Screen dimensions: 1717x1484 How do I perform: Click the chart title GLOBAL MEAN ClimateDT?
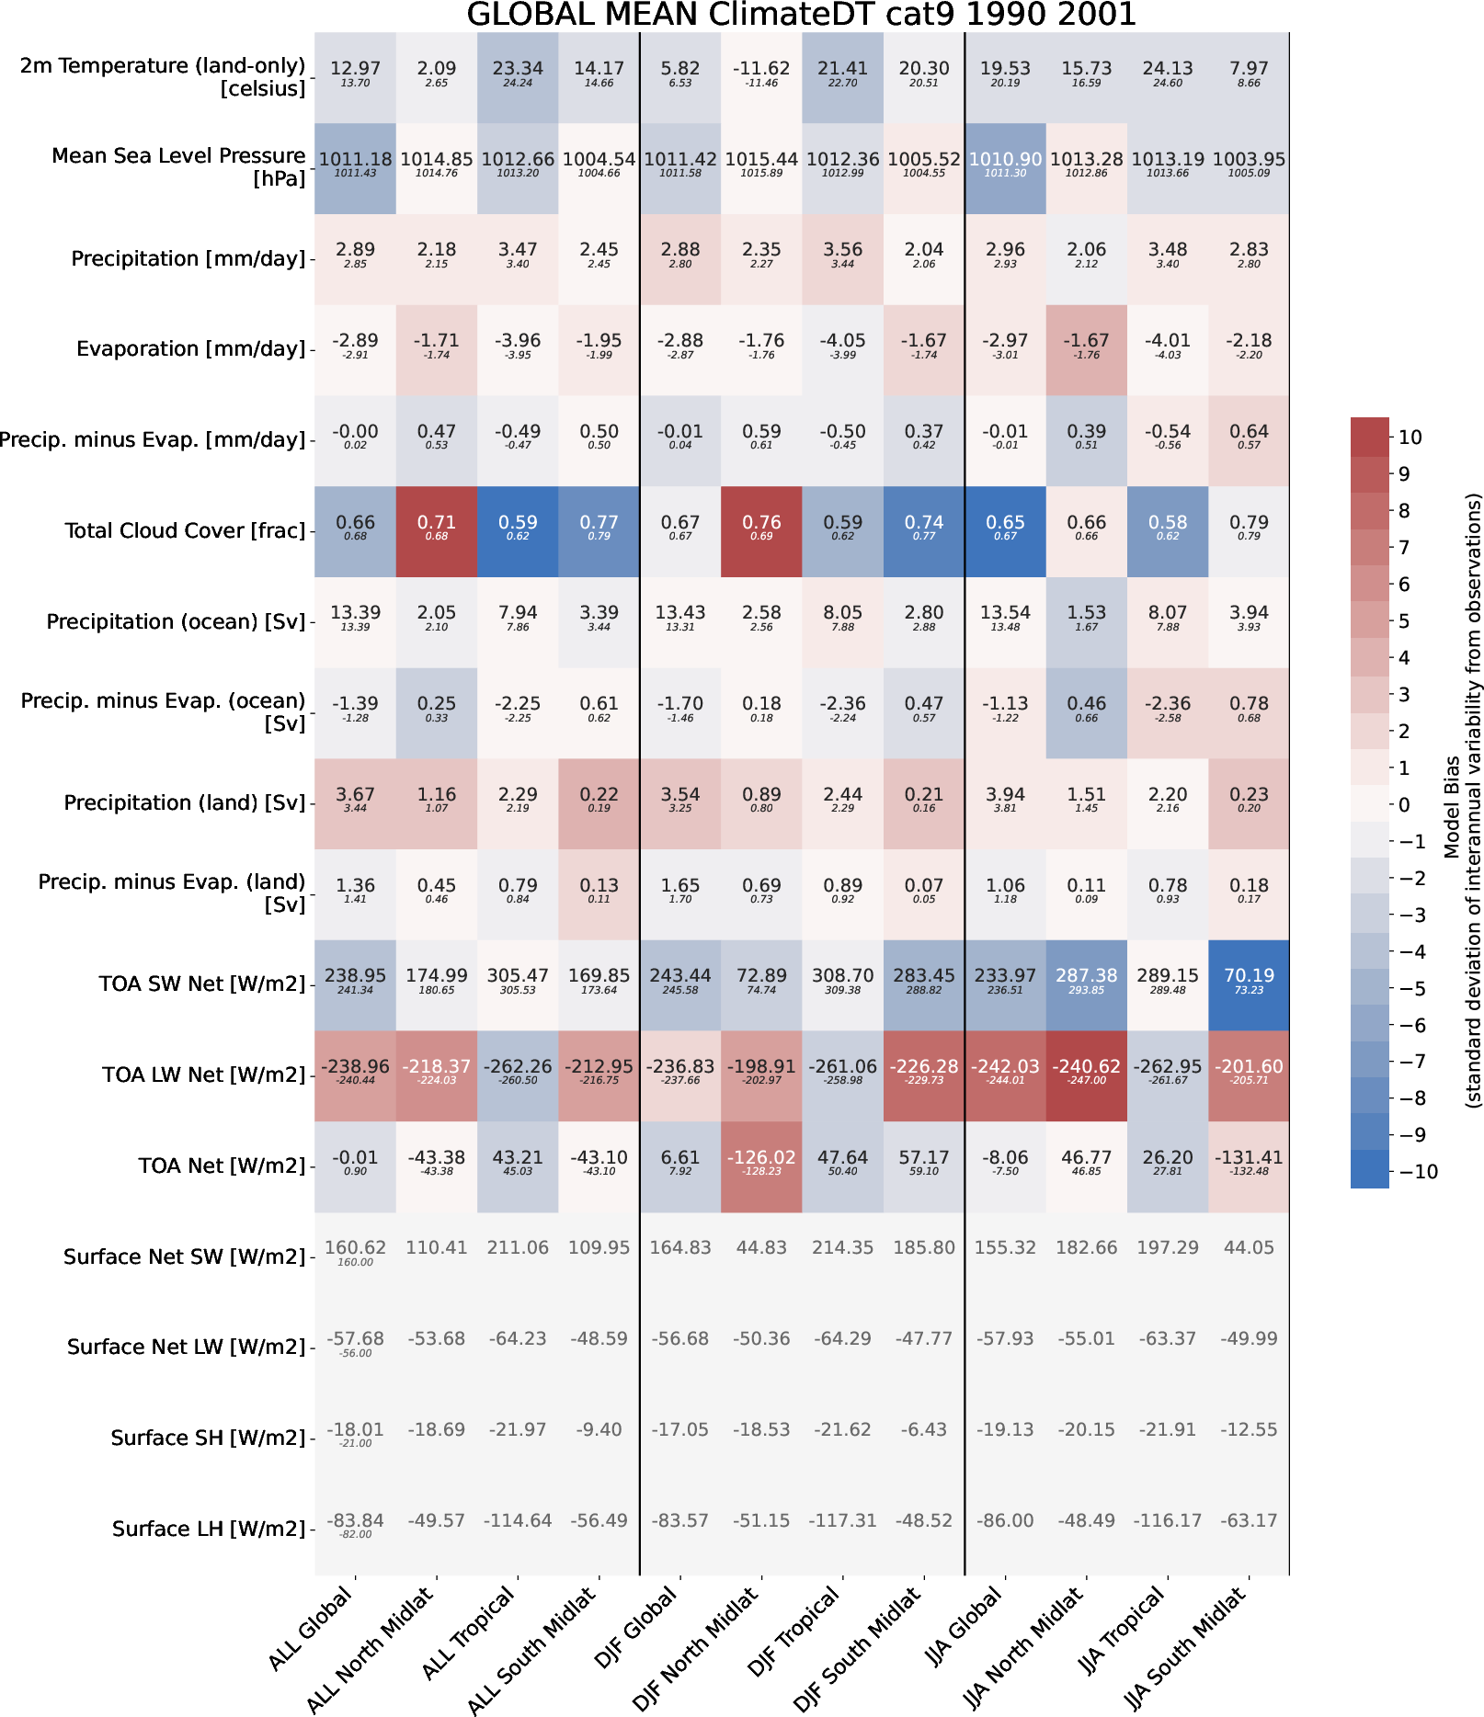click(801, 15)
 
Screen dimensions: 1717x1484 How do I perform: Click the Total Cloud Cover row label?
click(185, 531)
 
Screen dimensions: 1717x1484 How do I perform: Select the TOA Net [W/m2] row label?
click(222, 1166)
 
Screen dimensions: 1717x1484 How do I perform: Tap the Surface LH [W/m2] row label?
click(209, 1529)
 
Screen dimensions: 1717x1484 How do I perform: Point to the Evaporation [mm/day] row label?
click(190, 349)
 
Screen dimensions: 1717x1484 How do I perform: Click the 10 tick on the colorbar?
click(1410, 438)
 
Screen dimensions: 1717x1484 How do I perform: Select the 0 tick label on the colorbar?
click(1404, 805)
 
